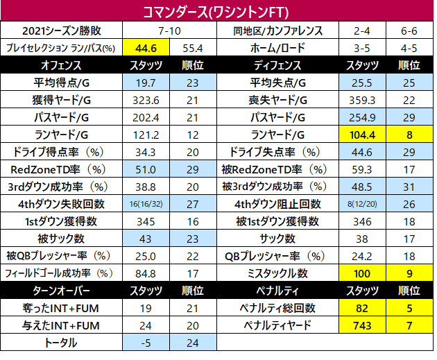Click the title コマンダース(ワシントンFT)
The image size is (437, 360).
click(216, 12)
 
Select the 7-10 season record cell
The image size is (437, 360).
click(169, 31)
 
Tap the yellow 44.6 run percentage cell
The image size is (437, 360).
click(146, 48)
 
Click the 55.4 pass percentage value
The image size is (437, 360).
click(193, 49)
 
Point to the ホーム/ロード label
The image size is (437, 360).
click(277, 48)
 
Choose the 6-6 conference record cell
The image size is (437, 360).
click(409, 31)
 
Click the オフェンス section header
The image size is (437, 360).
click(61, 65)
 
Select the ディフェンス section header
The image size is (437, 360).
click(277, 65)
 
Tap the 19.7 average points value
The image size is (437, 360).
click(146, 83)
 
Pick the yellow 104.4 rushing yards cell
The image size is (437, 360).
click(362, 135)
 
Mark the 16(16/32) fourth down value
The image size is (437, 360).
click(146, 204)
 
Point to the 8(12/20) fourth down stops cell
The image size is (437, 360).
click(362, 204)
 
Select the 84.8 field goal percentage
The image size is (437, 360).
click(146, 273)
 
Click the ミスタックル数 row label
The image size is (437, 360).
click(277, 273)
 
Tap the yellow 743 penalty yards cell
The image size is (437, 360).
click(362, 325)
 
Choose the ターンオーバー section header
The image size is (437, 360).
click(61, 291)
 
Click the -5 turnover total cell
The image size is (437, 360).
click(146, 343)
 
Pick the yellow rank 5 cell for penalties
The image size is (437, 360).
click(409, 308)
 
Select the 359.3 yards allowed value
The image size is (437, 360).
click(362, 101)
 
